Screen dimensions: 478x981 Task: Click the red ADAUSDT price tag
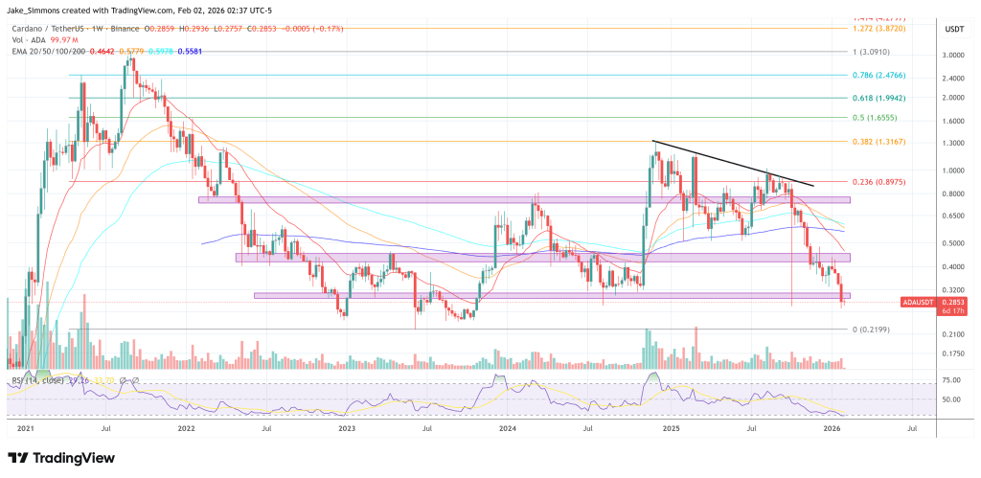pyautogui.click(x=920, y=302)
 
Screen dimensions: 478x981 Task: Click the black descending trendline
pyautogui.click(x=733, y=163)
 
